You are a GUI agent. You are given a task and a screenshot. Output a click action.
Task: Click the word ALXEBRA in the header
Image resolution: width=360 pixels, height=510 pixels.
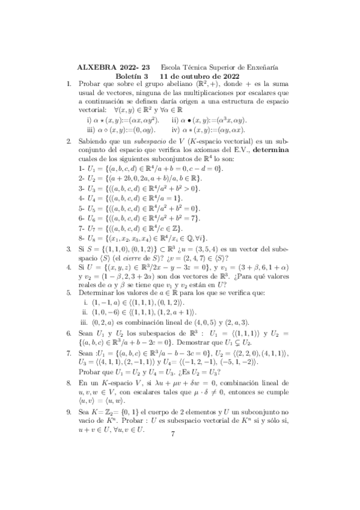coord(98,68)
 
